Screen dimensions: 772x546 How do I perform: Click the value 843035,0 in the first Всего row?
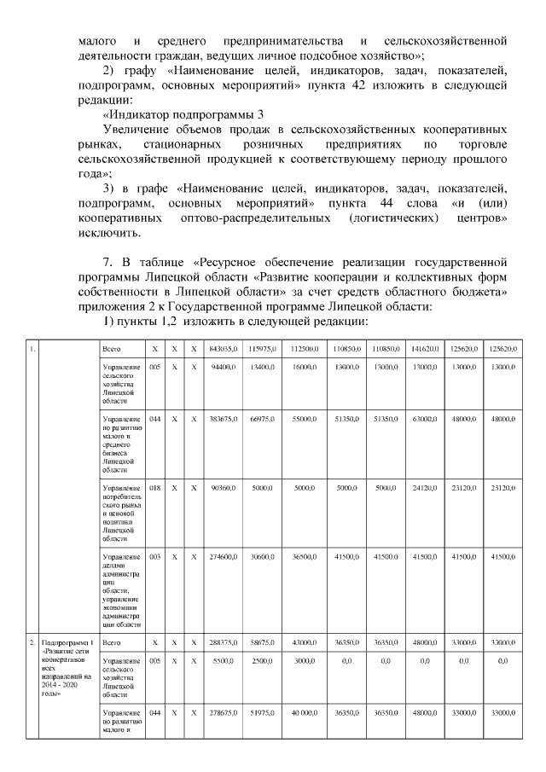(222, 350)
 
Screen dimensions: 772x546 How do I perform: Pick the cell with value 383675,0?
(222, 421)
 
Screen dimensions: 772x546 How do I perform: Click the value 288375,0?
(222, 642)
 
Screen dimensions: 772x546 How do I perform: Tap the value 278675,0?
(222, 712)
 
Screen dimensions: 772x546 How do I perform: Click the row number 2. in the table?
(32, 642)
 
